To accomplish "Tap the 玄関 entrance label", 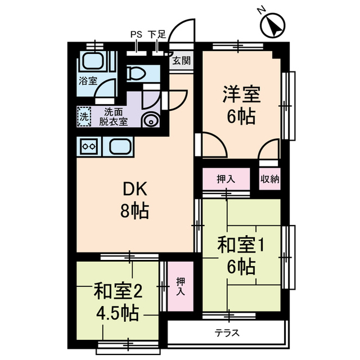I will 181,61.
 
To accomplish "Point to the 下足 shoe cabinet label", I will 157,35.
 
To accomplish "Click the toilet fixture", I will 138,73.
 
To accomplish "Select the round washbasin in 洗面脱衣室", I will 151,120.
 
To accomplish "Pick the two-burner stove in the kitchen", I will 89,147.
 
